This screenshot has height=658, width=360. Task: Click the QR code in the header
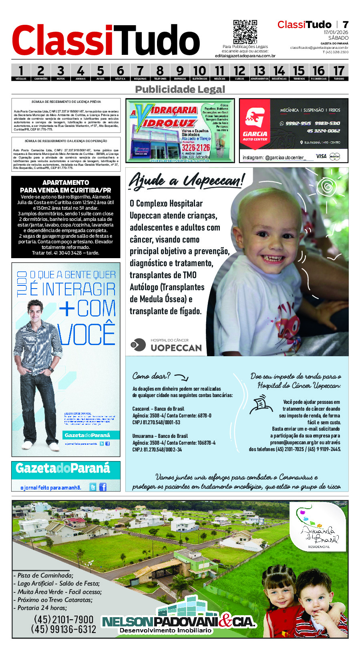[245, 32]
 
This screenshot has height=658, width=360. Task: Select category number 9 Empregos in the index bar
[180, 72]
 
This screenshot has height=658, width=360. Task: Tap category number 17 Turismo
[339, 72]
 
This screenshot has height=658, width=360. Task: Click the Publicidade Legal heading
[180, 89]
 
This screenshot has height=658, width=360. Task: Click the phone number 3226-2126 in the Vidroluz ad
[195, 148]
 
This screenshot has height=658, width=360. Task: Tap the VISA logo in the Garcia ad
[321, 156]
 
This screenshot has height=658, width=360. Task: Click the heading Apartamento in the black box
[66, 183]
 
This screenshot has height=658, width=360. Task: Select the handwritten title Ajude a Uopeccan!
[186, 181]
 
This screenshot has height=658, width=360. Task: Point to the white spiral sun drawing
[327, 187]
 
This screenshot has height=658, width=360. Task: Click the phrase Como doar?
[151, 376]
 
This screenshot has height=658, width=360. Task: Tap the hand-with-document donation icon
[261, 405]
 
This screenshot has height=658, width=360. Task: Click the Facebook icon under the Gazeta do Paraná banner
[103, 487]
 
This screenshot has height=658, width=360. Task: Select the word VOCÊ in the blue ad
[86, 334]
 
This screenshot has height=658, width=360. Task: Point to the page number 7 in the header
[345, 25]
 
